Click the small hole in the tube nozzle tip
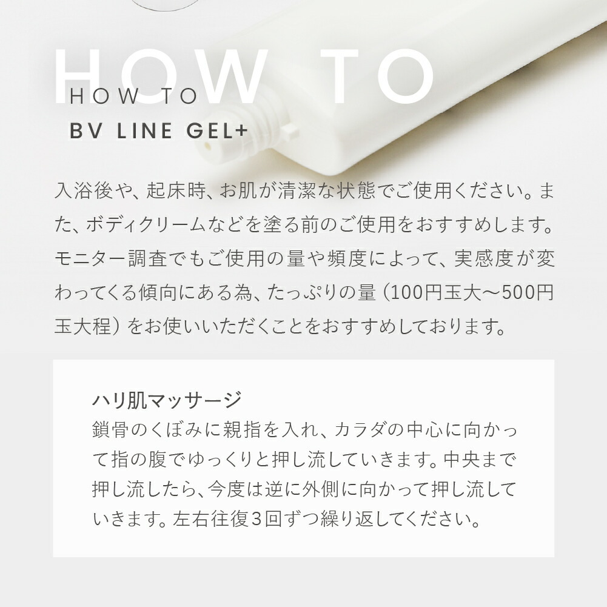tap(209, 147)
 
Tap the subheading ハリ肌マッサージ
tap(167, 400)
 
